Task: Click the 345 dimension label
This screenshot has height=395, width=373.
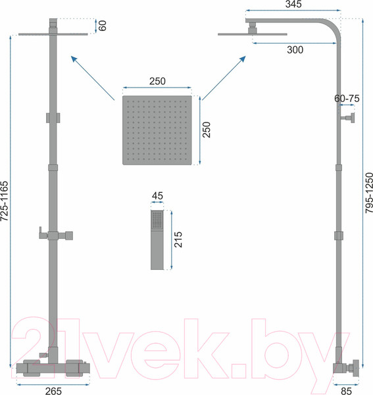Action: point(293,4)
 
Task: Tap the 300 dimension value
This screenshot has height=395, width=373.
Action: point(295,50)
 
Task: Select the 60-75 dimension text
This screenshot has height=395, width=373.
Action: point(347,99)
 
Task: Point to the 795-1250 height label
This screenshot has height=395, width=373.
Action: point(369,193)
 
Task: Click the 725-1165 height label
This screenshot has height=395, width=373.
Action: point(5,201)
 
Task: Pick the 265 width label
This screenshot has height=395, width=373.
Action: point(53,390)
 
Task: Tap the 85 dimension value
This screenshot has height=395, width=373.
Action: point(346,390)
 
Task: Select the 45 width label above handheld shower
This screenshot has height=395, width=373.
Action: point(157,196)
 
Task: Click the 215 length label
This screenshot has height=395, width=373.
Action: point(178,240)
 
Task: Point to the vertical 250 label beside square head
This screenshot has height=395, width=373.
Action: point(207,130)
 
